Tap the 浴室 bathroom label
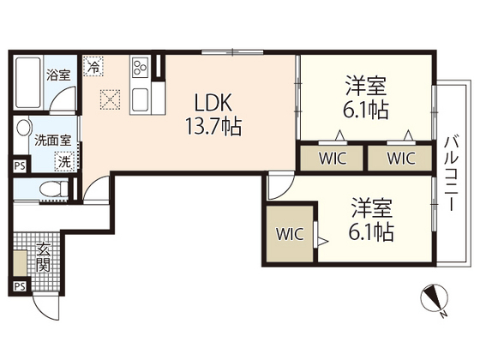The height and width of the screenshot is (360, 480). click(58, 75)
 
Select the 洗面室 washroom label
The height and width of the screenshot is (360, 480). click(53, 139)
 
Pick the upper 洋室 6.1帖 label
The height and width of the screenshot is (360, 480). click(367, 97)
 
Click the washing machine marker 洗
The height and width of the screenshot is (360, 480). click(64, 160)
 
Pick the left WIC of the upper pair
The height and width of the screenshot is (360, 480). click(331, 157)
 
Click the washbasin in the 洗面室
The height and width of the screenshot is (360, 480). click(25, 132)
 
